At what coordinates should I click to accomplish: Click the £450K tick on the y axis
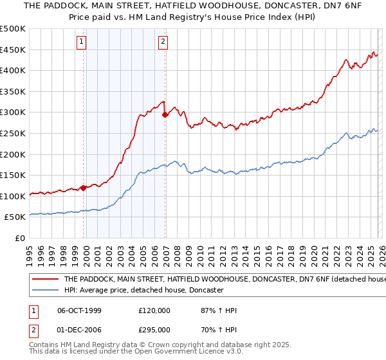point(13,50)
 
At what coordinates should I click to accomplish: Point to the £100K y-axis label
point(13,196)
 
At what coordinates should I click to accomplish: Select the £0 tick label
point(20,238)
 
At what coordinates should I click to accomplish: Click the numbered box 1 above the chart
point(82,42)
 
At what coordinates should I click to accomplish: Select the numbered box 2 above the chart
point(163,42)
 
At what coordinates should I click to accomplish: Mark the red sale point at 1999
point(84,188)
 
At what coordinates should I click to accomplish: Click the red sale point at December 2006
point(165,115)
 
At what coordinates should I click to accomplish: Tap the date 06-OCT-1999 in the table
point(79,310)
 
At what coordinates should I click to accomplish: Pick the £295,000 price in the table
point(154,329)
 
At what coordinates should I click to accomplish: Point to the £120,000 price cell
point(154,310)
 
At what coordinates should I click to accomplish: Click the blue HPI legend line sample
point(45,290)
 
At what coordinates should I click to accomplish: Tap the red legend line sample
point(45,280)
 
